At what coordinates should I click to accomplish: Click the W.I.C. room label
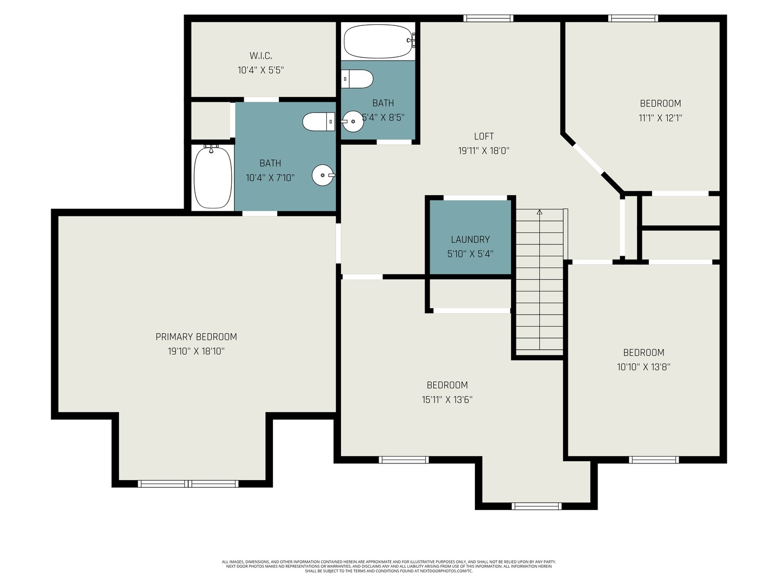pos(260,56)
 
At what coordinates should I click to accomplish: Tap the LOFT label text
pos(484,136)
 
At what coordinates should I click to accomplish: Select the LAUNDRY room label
pos(471,240)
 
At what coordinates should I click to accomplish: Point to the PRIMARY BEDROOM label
pos(196,336)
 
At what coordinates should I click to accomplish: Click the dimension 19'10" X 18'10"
pos(196,351)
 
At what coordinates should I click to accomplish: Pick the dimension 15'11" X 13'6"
pos(447,400)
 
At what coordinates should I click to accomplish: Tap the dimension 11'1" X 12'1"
pos(660,118)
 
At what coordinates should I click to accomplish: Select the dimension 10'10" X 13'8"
pos(643,367)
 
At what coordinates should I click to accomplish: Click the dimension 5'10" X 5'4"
pos(471,254)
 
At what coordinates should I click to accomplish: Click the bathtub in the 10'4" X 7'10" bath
pos(213,177)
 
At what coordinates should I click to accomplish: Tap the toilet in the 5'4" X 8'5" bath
pos(357,79)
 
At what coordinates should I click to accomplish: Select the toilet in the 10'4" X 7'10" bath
pos(319,122)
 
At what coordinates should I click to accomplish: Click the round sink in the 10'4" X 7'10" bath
pos(323,175)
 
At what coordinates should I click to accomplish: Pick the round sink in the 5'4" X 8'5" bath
pos(352,121)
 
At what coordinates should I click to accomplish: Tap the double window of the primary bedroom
pos(188,483)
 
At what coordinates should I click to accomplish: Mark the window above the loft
pos(488,18)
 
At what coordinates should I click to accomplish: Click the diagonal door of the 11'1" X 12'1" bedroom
pos(588,158)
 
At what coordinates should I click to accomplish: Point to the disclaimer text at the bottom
pos(389,566)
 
